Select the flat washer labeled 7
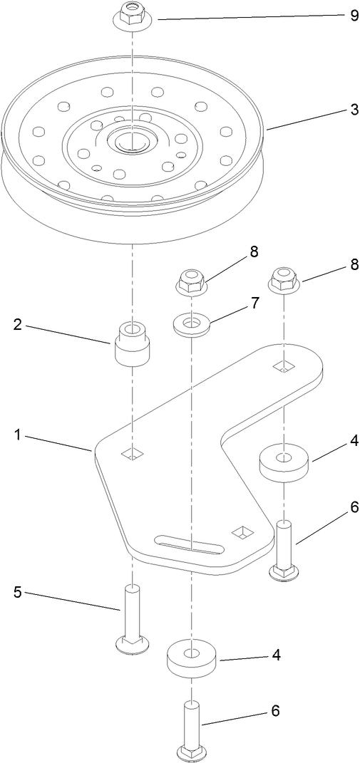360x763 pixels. tap(191, 325)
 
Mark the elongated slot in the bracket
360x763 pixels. tap(190, 546)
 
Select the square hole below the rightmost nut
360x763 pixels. tap(283, 366)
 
